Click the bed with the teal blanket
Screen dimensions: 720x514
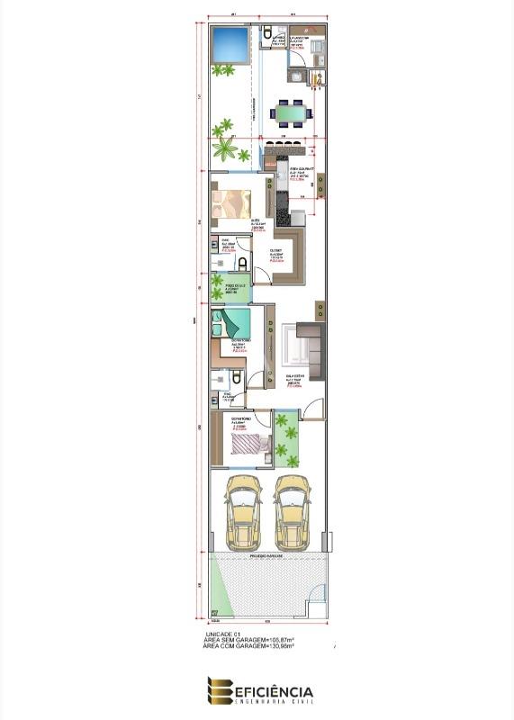coord(233,323)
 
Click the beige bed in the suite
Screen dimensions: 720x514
coord(232,205)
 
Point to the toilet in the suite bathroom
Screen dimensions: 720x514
coord(241,263)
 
